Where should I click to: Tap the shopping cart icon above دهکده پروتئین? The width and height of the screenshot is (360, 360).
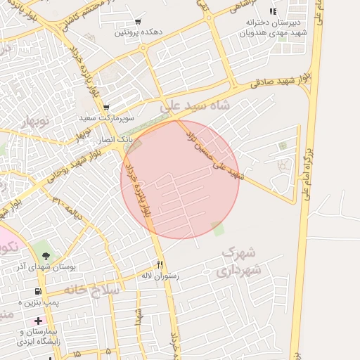tap(136, 22)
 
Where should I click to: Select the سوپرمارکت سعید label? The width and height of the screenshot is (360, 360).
tap(103, 119)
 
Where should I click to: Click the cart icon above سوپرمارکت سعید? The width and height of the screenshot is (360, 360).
tap(105, 108)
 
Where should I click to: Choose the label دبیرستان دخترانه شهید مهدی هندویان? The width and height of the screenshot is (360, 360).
tap(273, 27)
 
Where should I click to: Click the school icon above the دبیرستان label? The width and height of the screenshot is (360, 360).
tap(273, 11)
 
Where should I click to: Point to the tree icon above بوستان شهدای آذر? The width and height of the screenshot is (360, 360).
tap(46, 256)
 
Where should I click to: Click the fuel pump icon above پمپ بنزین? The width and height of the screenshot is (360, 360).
tap(37, 291)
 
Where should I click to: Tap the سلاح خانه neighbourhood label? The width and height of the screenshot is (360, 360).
tap(92, 288)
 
